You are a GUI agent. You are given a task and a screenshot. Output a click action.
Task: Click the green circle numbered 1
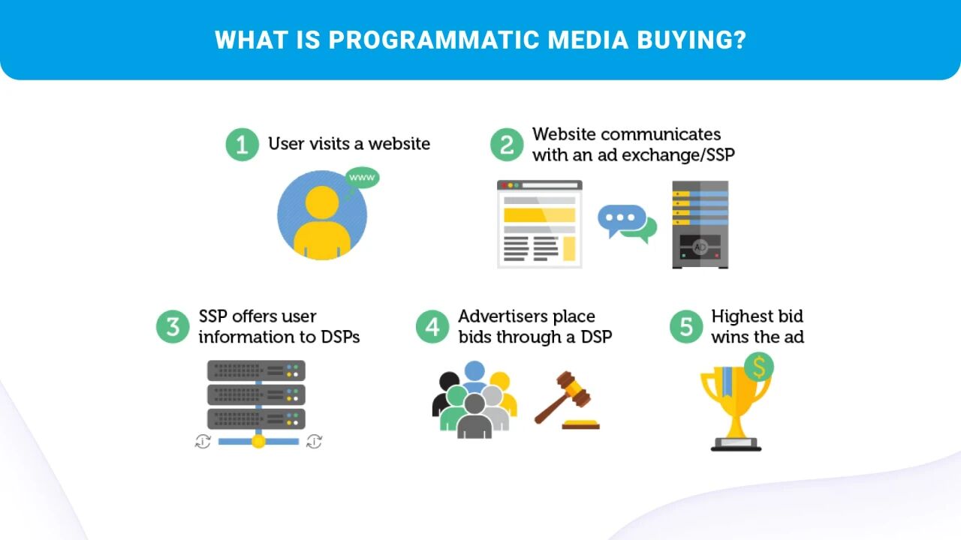pyautogui.click(x=242, y=144)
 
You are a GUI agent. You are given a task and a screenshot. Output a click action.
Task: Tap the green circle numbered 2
pyautogui.click(x=507, y=144)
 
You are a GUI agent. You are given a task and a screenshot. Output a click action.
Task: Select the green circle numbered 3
pyautogui.click(x=173, y=327)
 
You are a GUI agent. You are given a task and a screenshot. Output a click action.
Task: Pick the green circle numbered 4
pyautogui.click(x=432, y=327)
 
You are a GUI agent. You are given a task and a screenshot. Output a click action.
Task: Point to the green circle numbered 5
pyautogui.click(x=685, y=327)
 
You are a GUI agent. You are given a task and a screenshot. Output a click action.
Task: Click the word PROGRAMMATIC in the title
pyautogui.click(x=435, y=40)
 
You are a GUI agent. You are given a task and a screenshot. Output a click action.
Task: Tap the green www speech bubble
pyautogui.click(x=363, y=178)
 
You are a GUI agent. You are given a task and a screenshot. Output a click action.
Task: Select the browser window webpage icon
pyautogui.click(x=540, y=223)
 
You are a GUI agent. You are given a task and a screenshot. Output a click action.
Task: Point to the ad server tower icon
pyautogui.click(x=700, y=224)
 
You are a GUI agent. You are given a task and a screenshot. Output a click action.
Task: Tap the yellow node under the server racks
pyautogui.click(x=258, y=441)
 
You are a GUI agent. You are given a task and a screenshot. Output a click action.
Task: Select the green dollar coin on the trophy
pyautogui.click(x=759, y=367)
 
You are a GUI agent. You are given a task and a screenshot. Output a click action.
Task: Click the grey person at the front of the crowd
pyautogui.click(x=474, y=416)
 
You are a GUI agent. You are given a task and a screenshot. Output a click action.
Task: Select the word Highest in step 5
pyautogui.click(x=740, y=316)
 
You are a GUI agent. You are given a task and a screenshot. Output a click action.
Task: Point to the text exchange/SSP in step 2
pyautogui.click(x=685, y=155)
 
